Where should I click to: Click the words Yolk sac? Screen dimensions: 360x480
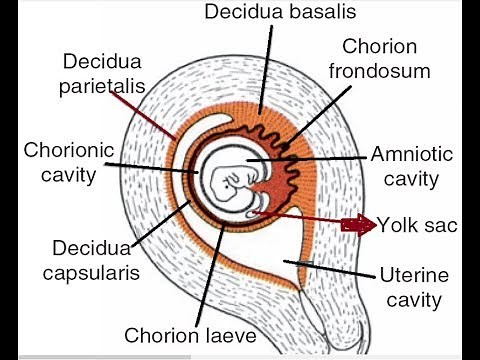click(x=418, y=224)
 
